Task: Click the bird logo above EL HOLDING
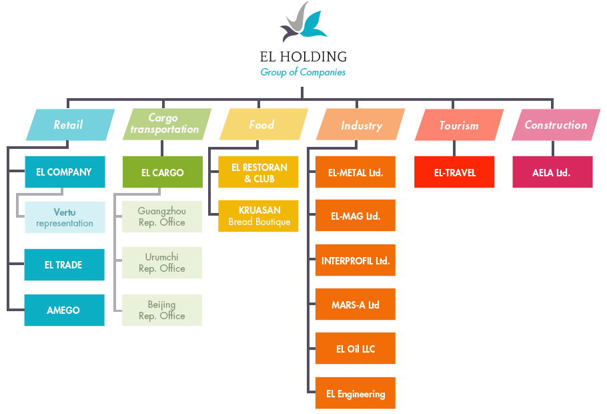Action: point(303,23)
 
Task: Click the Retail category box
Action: point(69,125)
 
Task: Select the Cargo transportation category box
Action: point(165,125)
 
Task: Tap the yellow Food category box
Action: point(262,125)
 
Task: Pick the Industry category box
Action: point(361,125)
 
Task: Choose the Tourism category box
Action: point(459,125)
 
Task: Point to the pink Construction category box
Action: point(556,125)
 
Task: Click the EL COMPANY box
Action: point(64,172)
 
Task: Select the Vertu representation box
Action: point(65,218)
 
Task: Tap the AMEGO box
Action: point(64,310)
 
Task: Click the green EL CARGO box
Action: point(162,172)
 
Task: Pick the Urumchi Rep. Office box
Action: point(162,262)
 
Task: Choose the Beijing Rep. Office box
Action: point(162,310)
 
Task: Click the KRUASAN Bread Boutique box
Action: point(259,216)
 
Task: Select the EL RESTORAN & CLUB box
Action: point(259,172)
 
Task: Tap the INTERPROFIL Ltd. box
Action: point(355,260)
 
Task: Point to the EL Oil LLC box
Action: point(355,349)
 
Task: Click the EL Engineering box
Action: point(355,393)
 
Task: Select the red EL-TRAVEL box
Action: point(454,172)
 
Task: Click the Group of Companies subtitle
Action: point(303,72)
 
